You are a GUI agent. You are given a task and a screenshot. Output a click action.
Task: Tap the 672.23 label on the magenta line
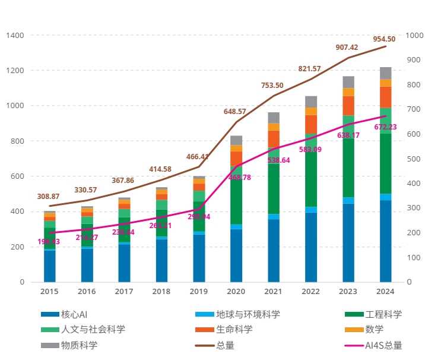coord(385,127)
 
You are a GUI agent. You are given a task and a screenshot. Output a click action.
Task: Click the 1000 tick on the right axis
coord(414,36)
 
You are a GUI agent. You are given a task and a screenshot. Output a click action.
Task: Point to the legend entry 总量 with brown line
coord(225,345)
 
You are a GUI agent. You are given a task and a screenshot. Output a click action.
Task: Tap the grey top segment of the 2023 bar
coord(348,82)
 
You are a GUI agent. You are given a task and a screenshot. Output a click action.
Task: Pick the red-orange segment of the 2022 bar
coord(310,124)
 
